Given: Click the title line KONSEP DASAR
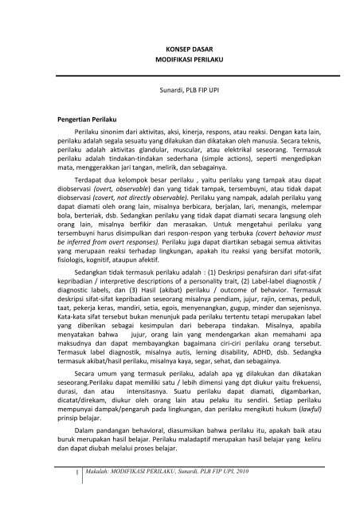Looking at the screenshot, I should click(x=179, y=47).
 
